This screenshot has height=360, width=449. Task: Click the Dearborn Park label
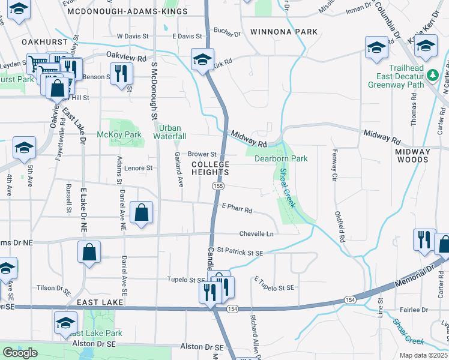coord(281,158)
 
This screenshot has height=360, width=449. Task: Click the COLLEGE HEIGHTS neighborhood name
coord(211,168)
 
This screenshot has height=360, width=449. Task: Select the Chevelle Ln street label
coord(256,233)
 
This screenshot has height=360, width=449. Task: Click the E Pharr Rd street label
coord(237,211)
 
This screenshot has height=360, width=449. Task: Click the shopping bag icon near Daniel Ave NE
coord(141,212)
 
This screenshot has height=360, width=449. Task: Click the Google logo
coord(20,352)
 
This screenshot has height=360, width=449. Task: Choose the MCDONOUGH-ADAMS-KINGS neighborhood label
coord(115,11)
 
